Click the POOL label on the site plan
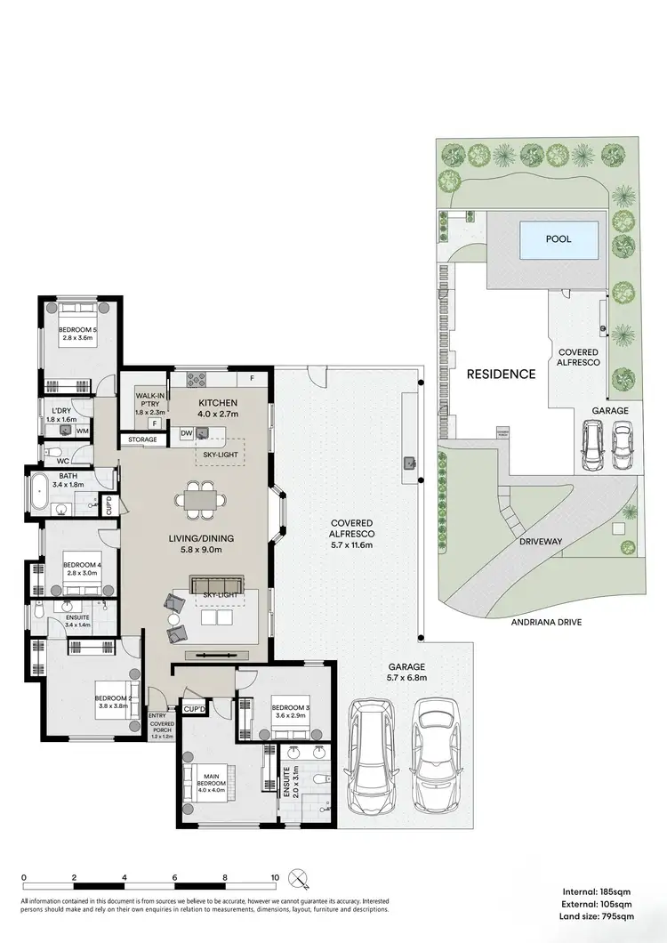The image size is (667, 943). pos(558,239)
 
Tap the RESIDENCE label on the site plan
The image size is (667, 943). pos(502,375)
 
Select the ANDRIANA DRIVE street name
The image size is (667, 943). pos(546,623)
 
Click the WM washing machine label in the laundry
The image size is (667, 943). pos(82,431)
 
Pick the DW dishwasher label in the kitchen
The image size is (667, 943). pos(186,432)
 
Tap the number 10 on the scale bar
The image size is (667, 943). pos(275,877)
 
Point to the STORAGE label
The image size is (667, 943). pos(142,439)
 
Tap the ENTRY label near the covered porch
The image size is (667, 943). pos(157,715)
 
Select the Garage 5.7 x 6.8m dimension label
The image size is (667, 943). pos(407,672)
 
